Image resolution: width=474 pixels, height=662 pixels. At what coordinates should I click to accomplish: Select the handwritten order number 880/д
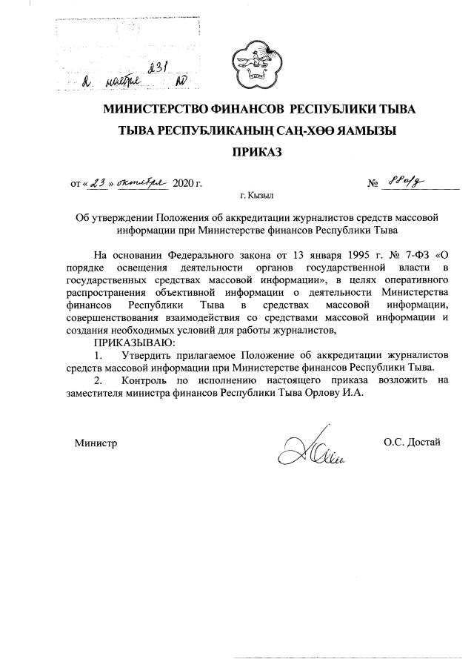click(407, 182)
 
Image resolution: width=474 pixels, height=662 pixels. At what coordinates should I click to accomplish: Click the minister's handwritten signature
click(309, 448)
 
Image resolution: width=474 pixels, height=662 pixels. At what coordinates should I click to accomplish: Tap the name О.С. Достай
click(412, 443)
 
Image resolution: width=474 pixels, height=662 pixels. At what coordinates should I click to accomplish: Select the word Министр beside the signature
click(96, 443)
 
